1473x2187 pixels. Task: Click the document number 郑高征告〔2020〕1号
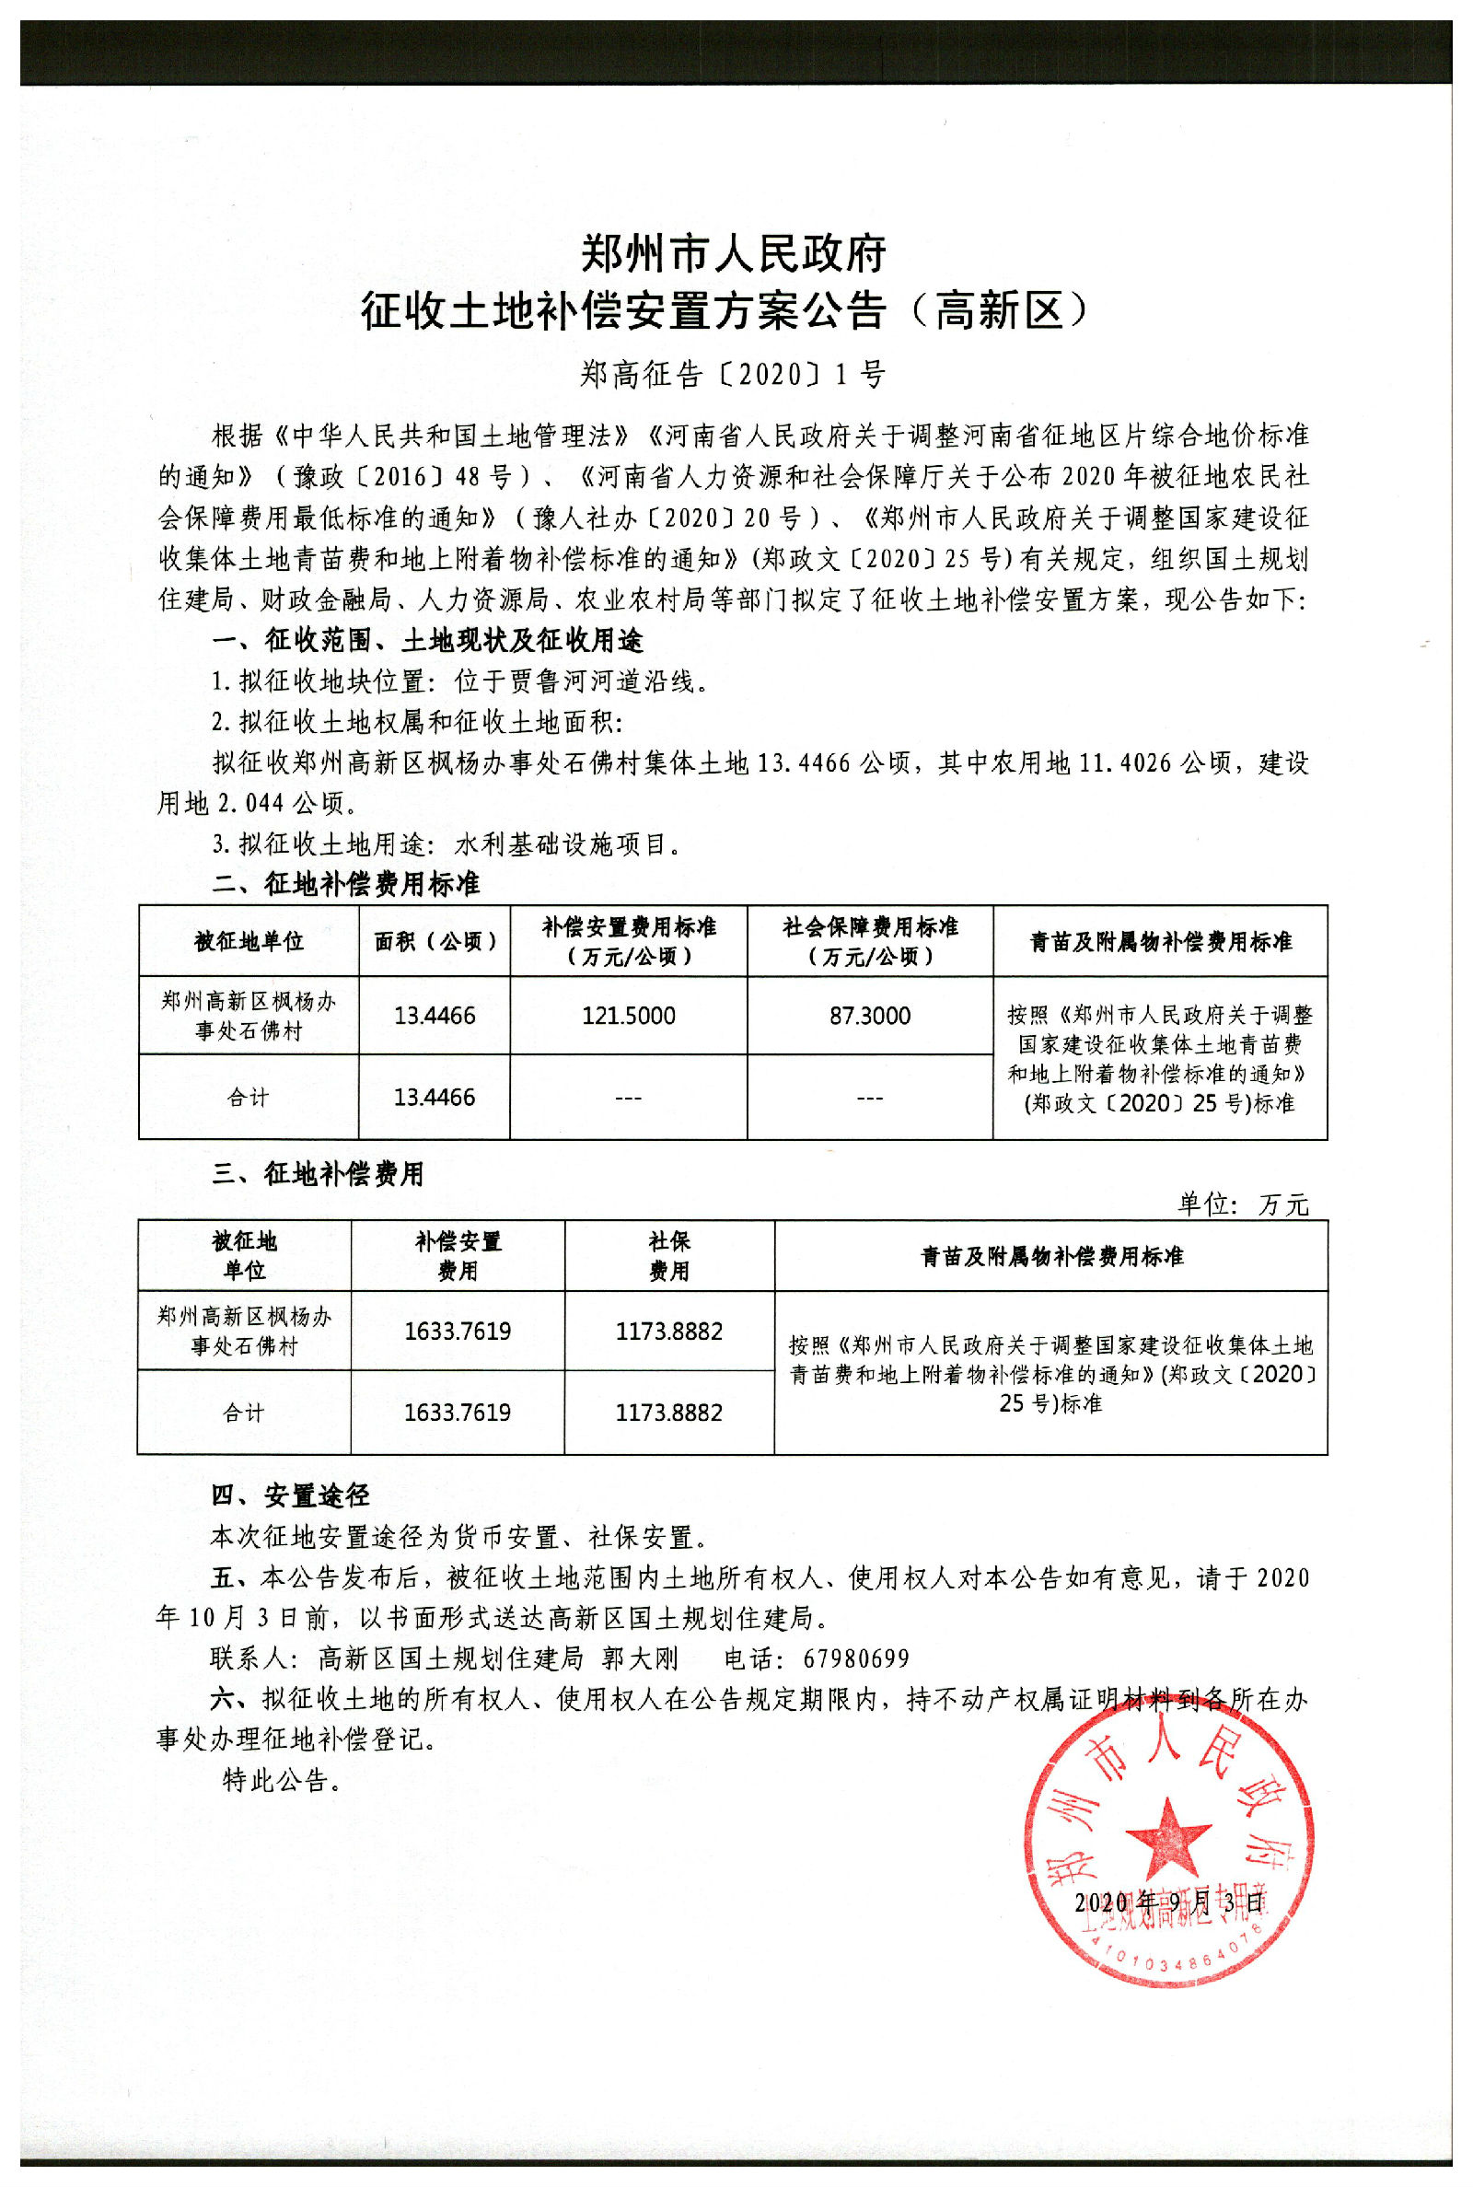tap(733, 375)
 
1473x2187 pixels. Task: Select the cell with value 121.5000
tap(629, 1016)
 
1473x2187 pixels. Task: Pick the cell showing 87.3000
tap(870, 1016)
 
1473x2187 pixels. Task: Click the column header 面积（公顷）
tap(434, 941)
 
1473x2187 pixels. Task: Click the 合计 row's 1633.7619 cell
tap(458, 1413)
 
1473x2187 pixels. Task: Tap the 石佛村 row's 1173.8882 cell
tap(669, 1332)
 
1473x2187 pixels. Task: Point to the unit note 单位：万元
tap(1243, 1204)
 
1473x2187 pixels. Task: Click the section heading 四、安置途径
tap(290, 1495)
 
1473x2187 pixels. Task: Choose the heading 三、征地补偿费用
tap(318, 1173)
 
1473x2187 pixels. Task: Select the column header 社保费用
tap(669, 1256)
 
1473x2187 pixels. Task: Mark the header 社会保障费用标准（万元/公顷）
tap(870, 941)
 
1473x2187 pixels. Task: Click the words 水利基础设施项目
tap(561, 844)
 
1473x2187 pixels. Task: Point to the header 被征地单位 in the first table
tap(249, 941)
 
